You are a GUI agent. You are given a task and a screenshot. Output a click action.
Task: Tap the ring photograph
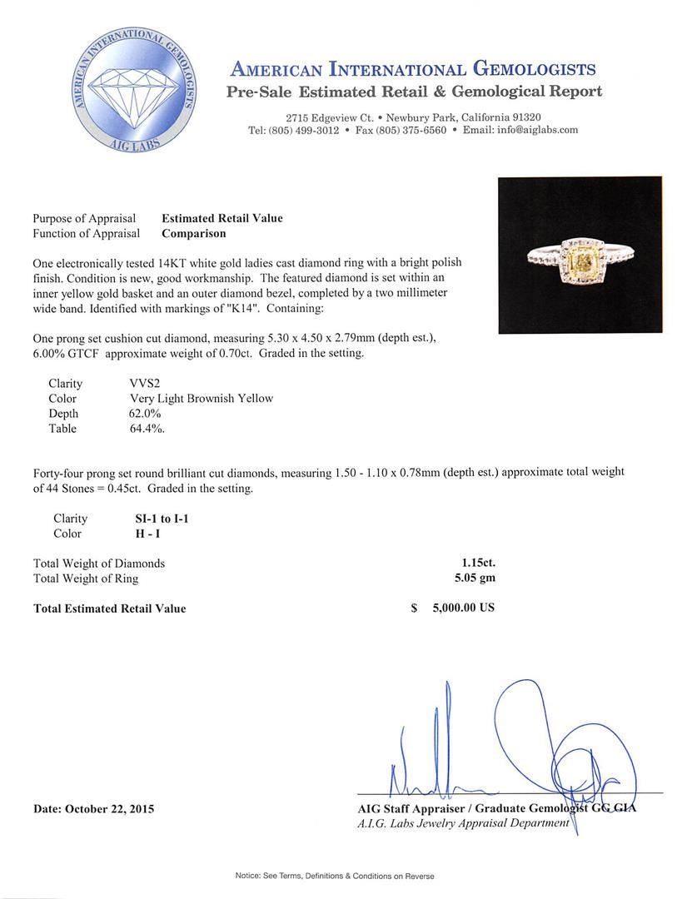(x=580, y=255)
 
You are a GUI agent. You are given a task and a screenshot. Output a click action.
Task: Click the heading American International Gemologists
(x=413, y=68)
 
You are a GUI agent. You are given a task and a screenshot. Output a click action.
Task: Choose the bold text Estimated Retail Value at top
(x=222, y=218)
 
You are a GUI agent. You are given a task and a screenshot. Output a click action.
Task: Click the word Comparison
(x=194, y=234)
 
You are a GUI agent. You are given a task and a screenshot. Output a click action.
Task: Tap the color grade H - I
(x=137, y=534)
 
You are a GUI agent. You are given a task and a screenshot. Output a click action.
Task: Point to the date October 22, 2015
(x=94, y=808)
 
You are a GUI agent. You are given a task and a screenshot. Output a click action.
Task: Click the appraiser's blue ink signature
(x=516, y=749)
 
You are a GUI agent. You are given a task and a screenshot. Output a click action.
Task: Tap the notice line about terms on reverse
(x=334, y=876)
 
